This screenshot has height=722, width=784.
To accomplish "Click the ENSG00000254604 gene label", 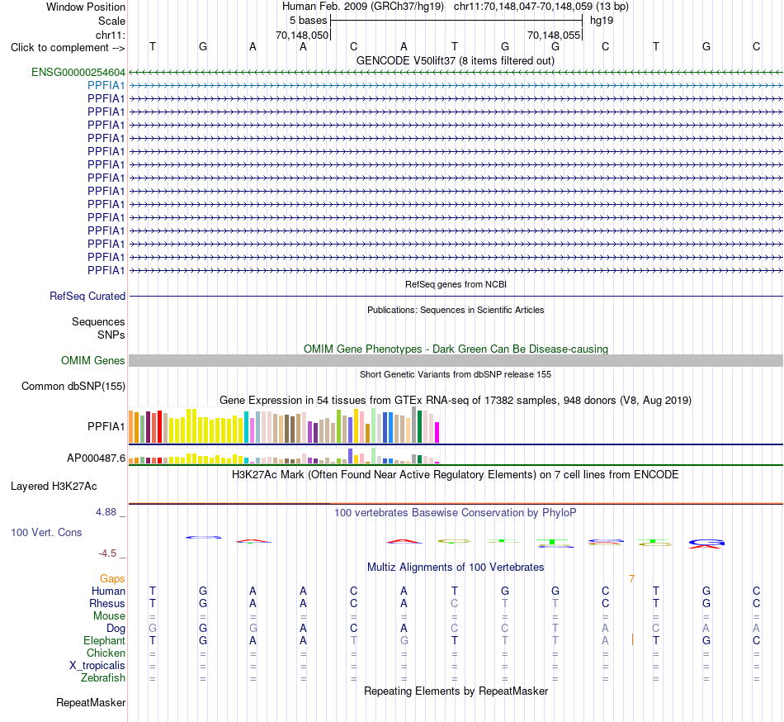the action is pos(78,73).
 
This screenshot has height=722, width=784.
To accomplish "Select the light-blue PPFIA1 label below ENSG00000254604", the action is pos(106,86).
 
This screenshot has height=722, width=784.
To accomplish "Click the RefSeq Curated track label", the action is pos(87,297).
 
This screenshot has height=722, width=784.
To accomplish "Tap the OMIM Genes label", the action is pos(93,361).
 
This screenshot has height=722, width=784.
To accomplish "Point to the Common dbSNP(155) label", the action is pos(73,387).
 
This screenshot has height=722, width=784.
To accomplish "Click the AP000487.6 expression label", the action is pos(96,458).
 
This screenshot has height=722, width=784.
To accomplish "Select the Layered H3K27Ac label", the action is pos(54,487).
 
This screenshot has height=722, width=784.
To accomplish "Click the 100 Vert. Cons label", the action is pos(46,532).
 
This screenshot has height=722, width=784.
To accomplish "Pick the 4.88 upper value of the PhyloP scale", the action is pos(106,512).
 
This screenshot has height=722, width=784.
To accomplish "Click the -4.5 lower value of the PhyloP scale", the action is pos(107,553).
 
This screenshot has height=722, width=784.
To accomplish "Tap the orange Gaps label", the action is pos(112,579).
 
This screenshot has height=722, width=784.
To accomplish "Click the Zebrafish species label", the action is pos(103,678).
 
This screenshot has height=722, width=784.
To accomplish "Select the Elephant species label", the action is pos(105,641).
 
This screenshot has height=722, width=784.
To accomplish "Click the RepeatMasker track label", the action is pos(91,702).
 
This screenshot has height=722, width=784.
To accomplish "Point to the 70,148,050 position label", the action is pos(302,35).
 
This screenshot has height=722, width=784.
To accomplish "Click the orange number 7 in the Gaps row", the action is pos(631,579).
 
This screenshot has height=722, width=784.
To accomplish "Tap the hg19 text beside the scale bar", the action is pos(602,21).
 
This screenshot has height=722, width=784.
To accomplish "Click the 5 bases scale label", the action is pos(308,21).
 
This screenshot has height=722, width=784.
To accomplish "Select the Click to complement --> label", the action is pos(68,48).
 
